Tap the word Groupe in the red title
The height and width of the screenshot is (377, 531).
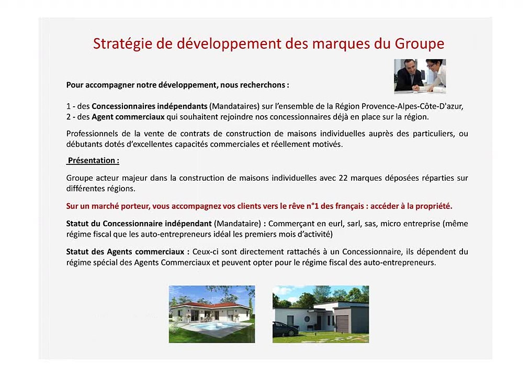pos(419,44)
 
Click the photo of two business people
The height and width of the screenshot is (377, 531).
pos(420,76)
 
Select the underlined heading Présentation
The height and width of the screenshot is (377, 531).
pos(93,161)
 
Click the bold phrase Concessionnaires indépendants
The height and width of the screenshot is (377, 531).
pos(150,106)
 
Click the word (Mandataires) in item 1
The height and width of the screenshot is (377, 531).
pos(234,106)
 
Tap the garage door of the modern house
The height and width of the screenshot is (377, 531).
pos(343,324)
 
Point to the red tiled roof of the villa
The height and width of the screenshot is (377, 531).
pos(209,305)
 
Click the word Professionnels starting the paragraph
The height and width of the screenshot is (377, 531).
pos(92,134)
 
